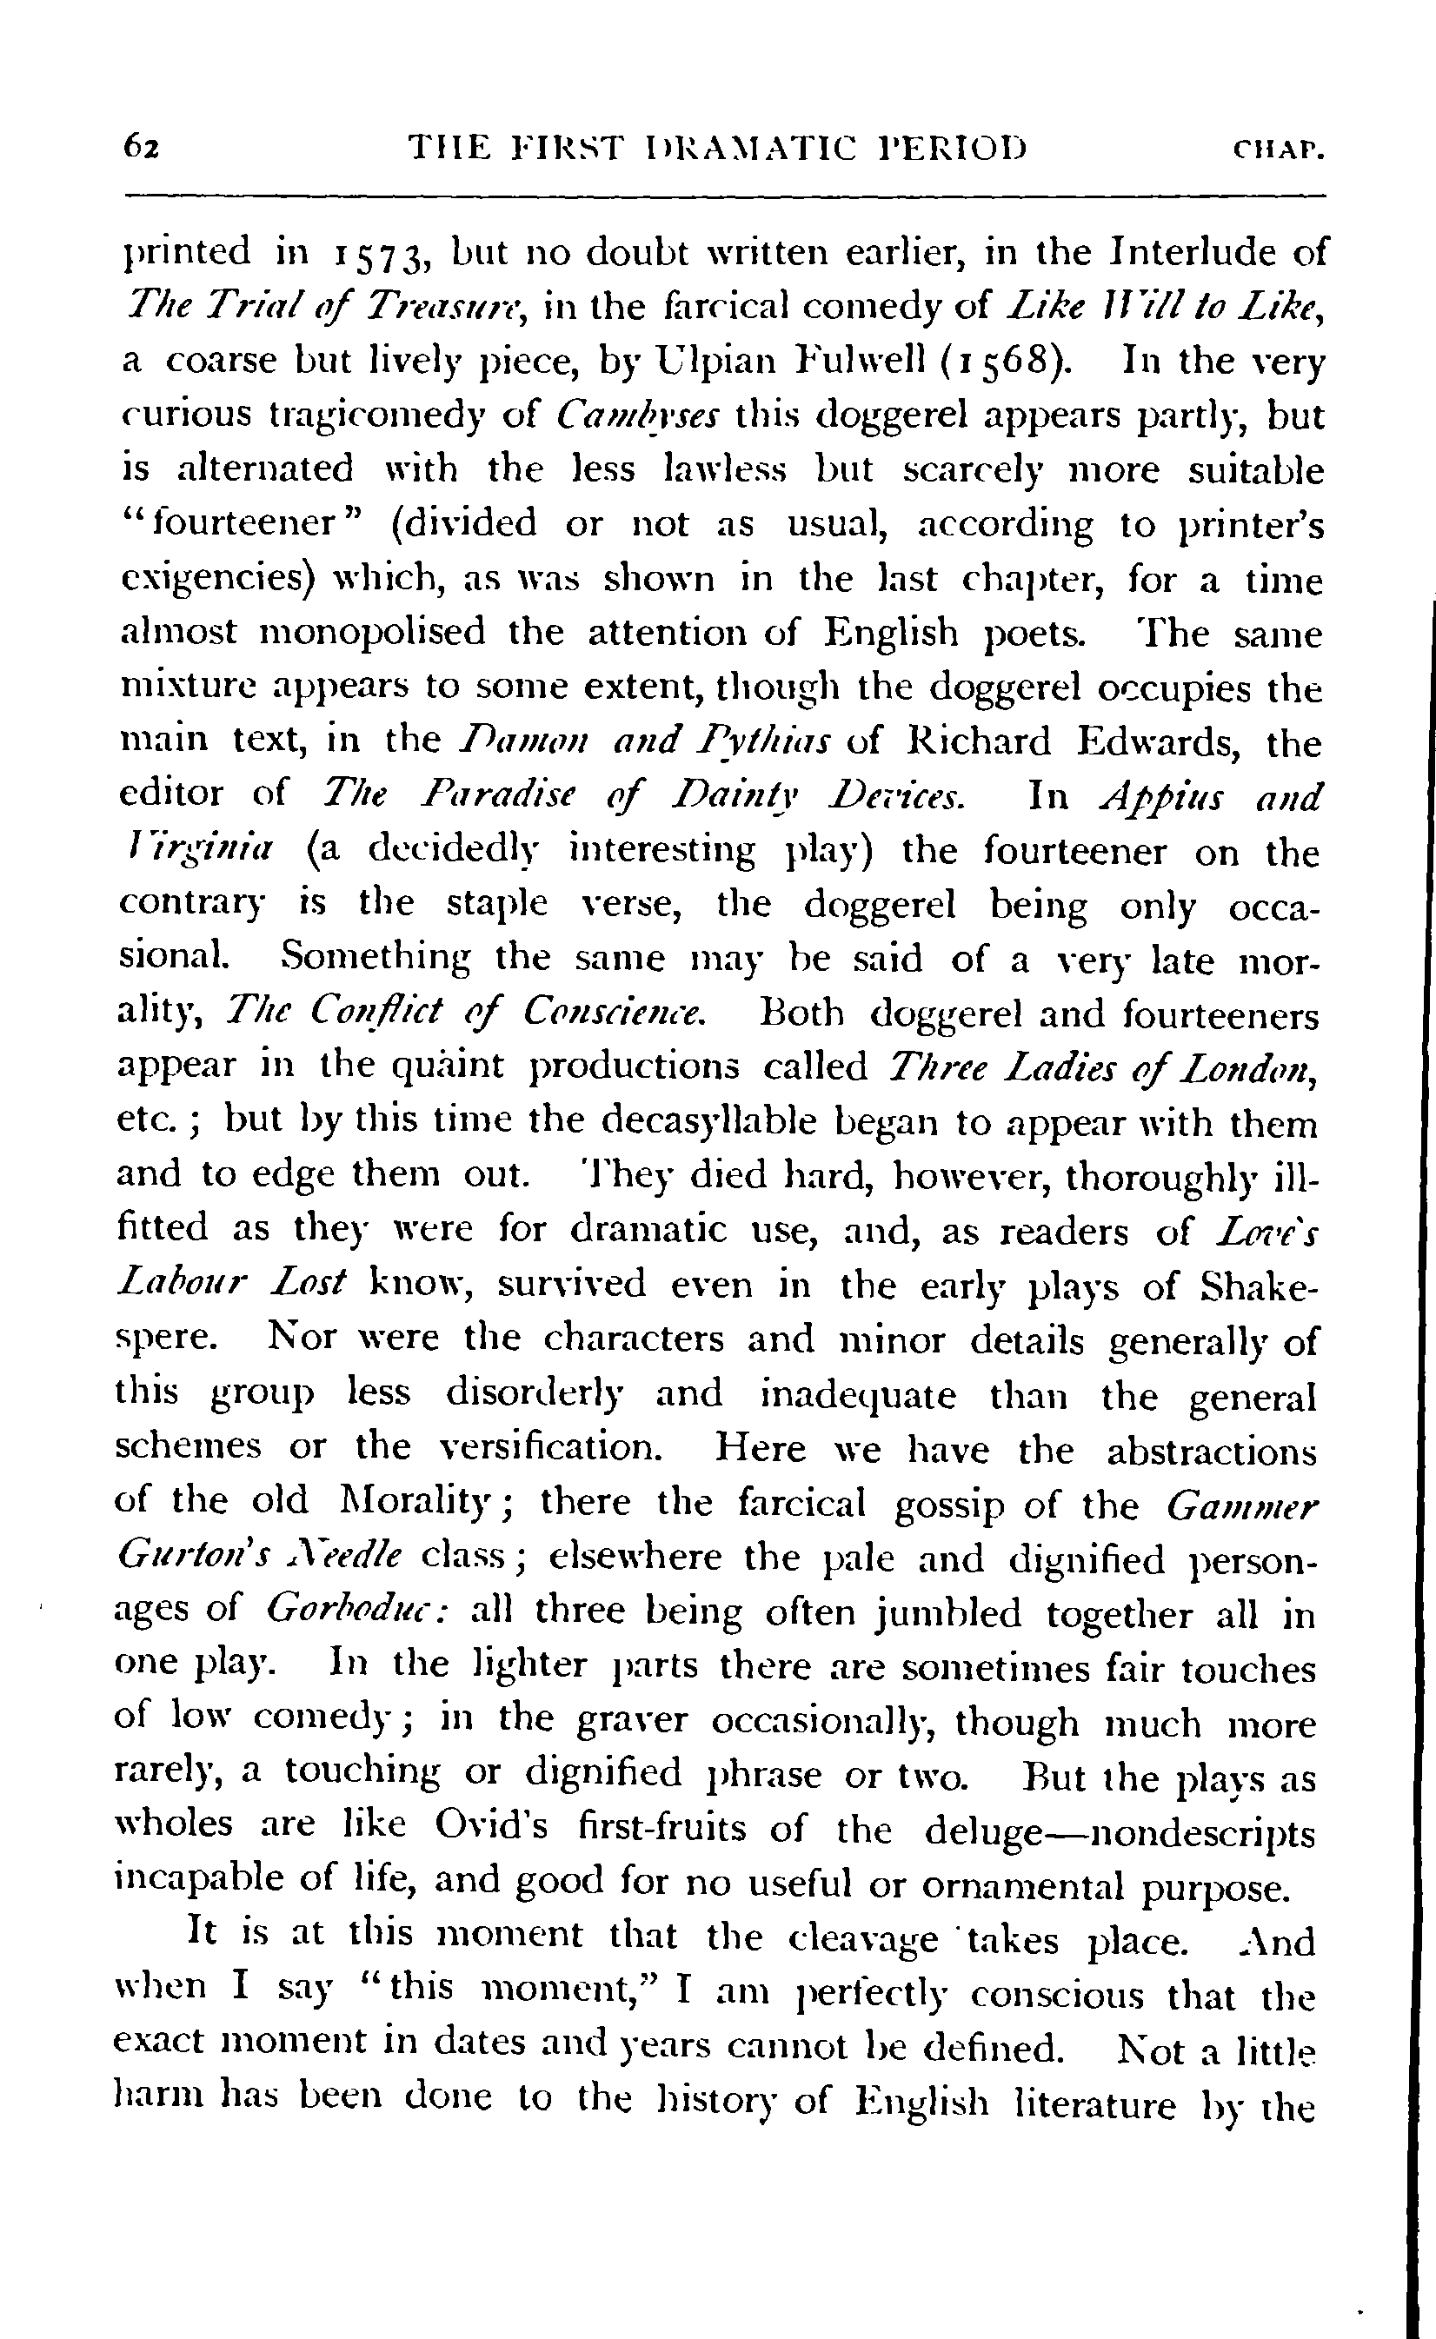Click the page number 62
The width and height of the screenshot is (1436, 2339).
pos(142,148)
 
